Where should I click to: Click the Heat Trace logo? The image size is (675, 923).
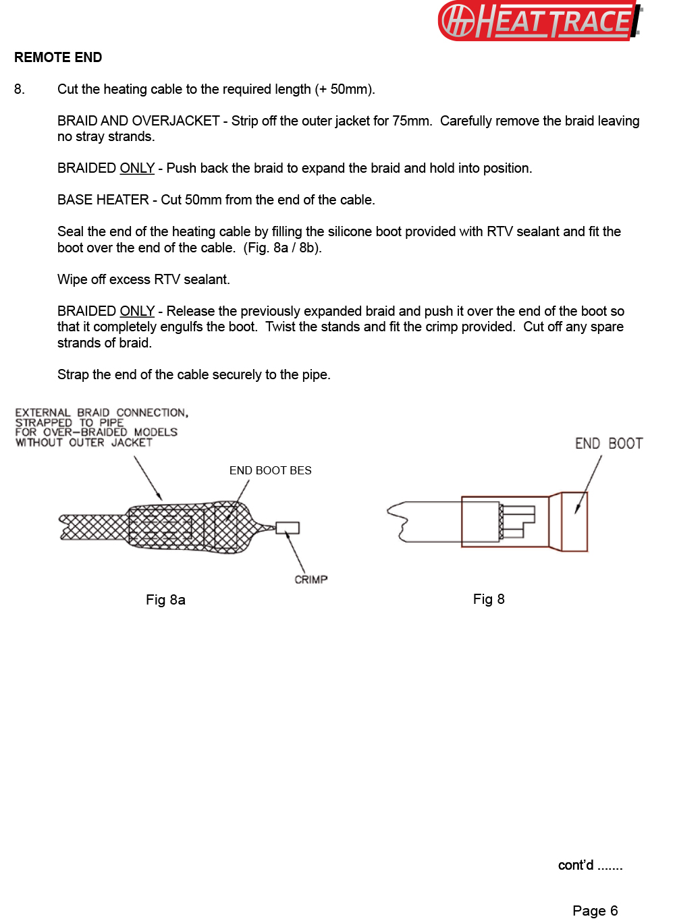[540, 21]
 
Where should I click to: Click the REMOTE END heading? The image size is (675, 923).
[58, 57]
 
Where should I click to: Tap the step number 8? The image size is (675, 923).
[19, 89]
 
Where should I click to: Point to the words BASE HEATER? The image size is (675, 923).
[103, 200]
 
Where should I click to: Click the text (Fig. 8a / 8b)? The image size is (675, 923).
[282, 248]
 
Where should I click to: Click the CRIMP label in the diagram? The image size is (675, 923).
[310, 580]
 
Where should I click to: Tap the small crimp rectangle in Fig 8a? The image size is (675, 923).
[288, 528]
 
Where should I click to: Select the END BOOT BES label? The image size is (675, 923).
[270, 470]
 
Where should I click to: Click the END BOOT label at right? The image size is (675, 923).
[608, 443]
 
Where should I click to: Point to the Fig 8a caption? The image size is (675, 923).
[165, 600]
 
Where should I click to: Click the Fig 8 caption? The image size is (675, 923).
[489, 599]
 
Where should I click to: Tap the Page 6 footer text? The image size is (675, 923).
[595, 910]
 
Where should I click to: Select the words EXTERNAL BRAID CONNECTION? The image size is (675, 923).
[101, 412]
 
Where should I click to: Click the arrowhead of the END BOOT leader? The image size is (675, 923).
[577, 510]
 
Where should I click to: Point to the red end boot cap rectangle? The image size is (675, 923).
[574, 522]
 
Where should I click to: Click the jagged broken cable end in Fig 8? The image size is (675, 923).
[397, 522]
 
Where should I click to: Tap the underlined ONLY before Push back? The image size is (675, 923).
[137, 168]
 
